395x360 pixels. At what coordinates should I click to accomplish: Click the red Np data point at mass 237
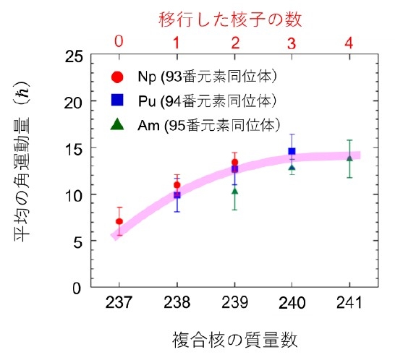[119, 221]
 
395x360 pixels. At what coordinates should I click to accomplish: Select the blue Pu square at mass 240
[292, 152]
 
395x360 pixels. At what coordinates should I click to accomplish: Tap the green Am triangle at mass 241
[349, 158]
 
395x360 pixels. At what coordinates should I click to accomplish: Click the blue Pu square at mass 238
[177, 195]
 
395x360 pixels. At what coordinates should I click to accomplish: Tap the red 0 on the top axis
[119, 42]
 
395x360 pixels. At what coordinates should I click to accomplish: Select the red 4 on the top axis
[349, 42]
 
